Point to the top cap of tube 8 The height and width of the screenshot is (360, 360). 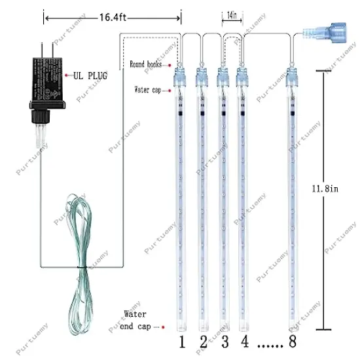[x=291, y=77]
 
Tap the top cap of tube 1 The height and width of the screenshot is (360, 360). [x=180, y=77]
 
